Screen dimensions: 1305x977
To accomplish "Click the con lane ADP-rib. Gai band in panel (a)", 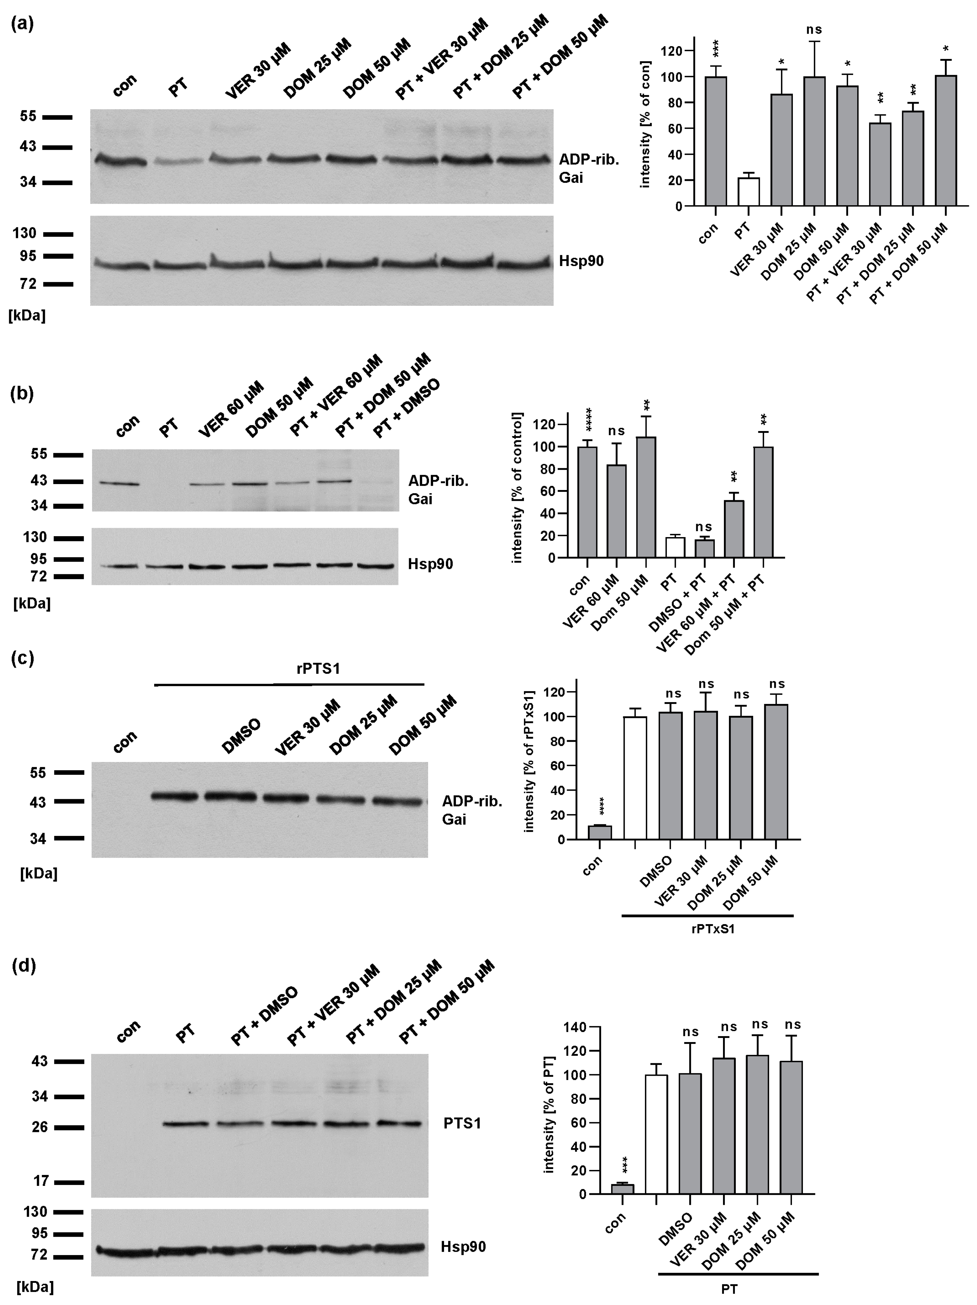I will pos(120,160).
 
